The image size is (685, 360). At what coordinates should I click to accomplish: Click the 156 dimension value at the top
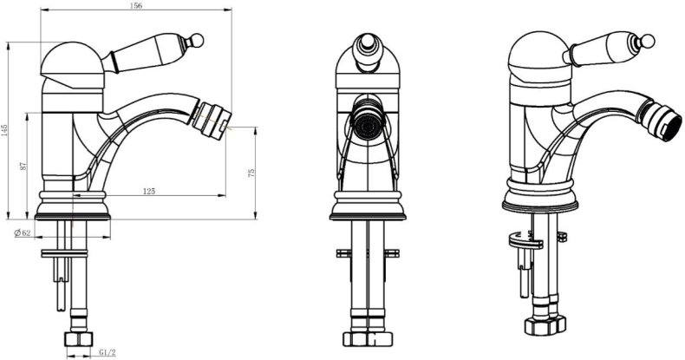(137, 6)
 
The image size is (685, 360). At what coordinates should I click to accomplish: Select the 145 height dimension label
(4, 130)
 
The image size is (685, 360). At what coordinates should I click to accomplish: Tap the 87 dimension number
(23, 166)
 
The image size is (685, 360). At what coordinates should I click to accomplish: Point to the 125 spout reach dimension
(149, 191)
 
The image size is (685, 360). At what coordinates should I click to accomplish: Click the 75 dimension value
(251, 173)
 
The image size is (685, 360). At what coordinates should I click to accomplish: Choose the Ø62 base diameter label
(22, 232)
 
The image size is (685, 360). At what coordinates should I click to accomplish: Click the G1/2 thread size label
(107, 352)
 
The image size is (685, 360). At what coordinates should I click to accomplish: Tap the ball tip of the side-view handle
(198, 39)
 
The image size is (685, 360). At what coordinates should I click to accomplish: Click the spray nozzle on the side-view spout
(211, 116)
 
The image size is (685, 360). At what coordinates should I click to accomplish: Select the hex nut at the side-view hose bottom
(79, 339)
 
